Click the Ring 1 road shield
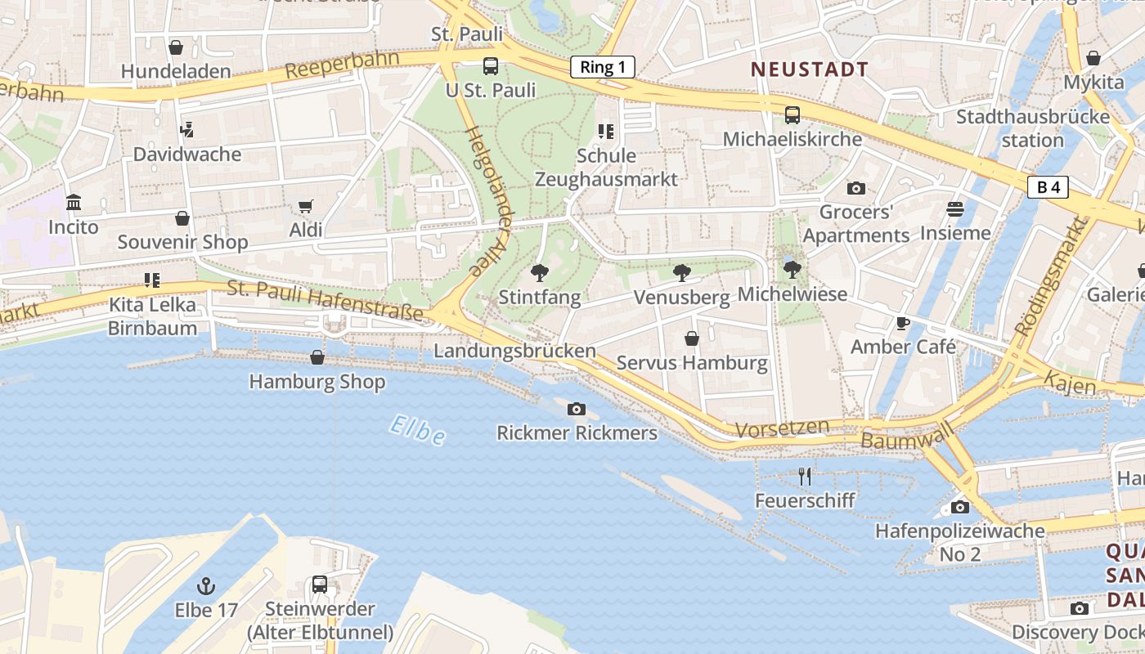pyautogui.click(x=603, y=67)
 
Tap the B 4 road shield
pyautogui.click(x=1048, y=187)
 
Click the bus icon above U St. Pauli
pyautogui.click(x=490, y=66)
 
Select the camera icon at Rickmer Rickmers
pyautogui.click(x=577, y=409)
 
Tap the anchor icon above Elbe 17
pyautogui.click(x=206, y=585)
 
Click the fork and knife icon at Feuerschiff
pyautogui.click(x=805, y=476)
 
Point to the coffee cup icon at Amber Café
pyautogui.click(x=902, y=323)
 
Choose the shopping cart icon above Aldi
pyautogui.click(x=306, y=206)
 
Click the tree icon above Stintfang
pyautogui.click(x=539, y=273)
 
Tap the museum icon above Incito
pyautogui.click(x=74, y=202)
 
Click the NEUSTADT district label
pyautogui.click(x=810, y=69)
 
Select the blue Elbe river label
pyautogui.click(x=417, y=431)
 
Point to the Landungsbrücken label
pyautogui.click(x=514, y=351)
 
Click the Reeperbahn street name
pyautogui.click(x=342, y=65)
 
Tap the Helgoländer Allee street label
pyautogui.click(x=488, y=199)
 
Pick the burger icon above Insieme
pyautogui.click(x=954, y=209)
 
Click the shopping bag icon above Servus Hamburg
pyautogui.click(x=692, y=338)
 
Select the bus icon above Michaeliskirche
pyautogui.click(x=792, y=114)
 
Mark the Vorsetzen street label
pyautogui.click(x=782, y=428)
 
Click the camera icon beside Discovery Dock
pyautogui.click(x=1080, y=608)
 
